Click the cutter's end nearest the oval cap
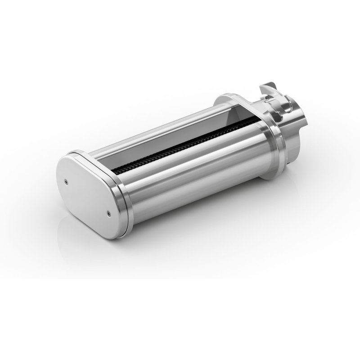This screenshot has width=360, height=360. click(118, 170)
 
